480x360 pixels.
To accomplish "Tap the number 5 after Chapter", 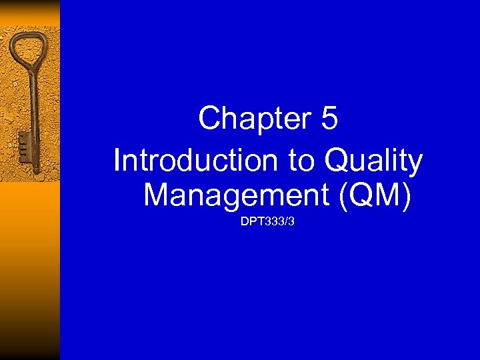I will click(329, 119).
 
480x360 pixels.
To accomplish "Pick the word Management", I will click(235, 195).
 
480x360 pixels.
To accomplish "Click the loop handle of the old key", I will click(27, 51).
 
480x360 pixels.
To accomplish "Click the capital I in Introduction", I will click(118, 161).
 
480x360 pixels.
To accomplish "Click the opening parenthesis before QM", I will click(343, 195).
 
